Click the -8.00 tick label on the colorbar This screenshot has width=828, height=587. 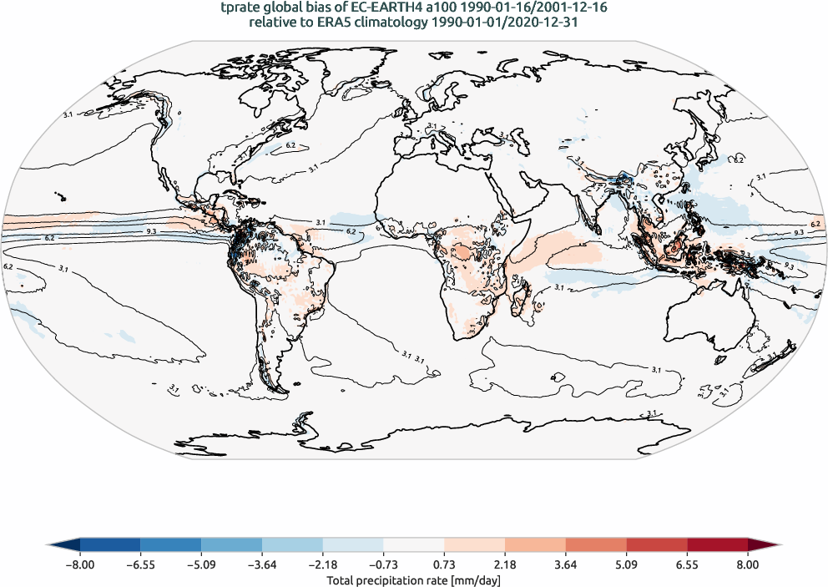point(80,564)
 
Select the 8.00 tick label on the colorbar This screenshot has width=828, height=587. point(748,564)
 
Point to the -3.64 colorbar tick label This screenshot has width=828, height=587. point(262,564)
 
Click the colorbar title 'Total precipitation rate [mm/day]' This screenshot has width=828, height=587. point(413,579)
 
